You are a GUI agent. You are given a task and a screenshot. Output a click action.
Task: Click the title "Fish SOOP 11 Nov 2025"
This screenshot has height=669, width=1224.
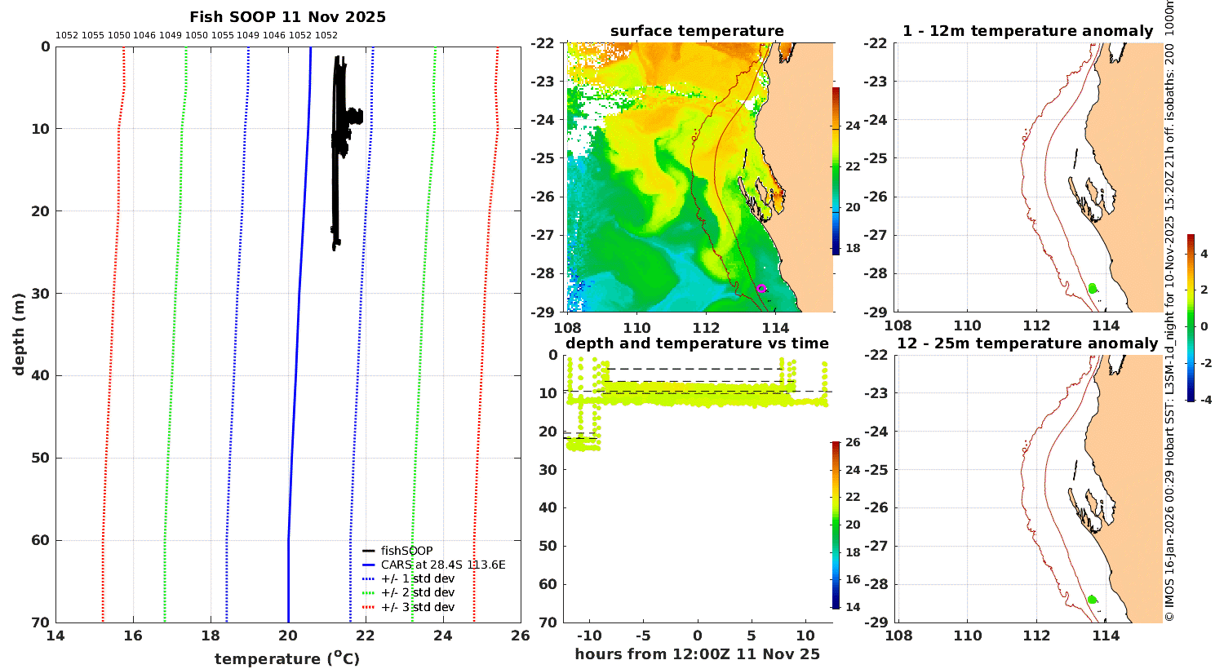point(287,17)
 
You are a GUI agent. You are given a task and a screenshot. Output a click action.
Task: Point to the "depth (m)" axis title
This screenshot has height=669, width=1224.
point(19,334)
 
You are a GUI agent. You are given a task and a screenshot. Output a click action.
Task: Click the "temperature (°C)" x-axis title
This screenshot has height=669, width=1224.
point(287,658)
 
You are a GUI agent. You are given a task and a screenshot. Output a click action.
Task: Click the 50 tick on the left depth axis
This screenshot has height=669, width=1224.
point(41,458)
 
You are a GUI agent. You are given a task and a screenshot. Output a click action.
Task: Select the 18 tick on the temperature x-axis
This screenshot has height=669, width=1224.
point(211,636)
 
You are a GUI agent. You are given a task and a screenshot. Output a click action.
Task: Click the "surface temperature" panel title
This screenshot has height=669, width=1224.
point(697,31)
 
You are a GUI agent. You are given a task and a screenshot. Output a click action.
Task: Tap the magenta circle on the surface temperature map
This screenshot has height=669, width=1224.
point(761,288)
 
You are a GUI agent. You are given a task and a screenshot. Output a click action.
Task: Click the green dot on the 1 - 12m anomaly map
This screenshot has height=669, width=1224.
point(1093,288)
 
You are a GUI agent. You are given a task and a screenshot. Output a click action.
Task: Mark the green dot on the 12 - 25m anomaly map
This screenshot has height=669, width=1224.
point(1093,599)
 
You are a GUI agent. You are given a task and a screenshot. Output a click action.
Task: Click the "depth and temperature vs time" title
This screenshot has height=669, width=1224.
point(697,343)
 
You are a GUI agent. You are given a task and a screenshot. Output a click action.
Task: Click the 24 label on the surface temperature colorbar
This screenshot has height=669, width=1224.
point(853,126)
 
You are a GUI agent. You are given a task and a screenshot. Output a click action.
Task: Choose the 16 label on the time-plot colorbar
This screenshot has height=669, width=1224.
point(853,579)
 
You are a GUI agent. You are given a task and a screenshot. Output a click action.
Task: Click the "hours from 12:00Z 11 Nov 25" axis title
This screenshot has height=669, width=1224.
point(697,654)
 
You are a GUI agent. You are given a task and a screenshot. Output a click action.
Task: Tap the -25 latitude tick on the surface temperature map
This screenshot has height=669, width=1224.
point(542,158)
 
